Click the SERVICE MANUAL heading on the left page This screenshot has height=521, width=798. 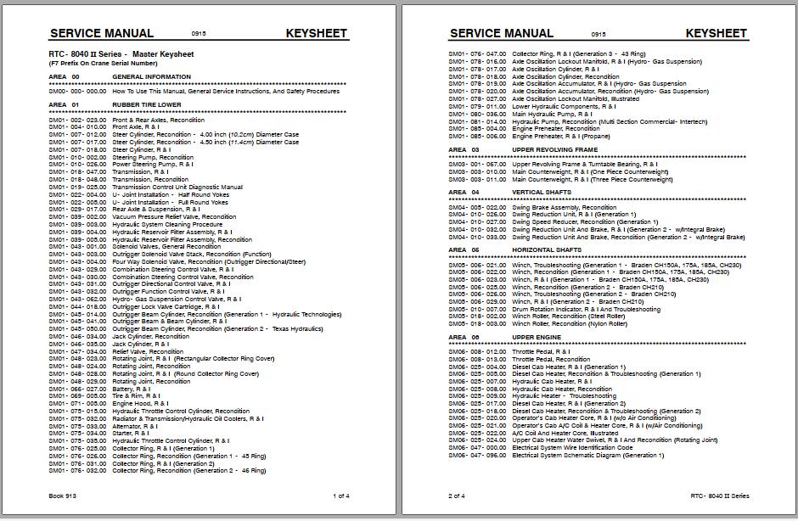coord(101,33)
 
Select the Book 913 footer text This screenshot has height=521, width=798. coord(64,496)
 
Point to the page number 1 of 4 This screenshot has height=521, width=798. coord(341,496)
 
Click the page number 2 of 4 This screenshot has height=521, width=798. coord(457,496)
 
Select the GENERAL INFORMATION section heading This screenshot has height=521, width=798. coord(151,76)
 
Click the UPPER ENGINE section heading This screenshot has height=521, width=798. coord(536,337)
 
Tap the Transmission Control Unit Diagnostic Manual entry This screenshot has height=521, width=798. coord(177,187)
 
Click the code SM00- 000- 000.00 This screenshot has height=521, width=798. coord(78,90)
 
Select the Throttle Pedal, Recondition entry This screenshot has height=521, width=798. coord(551,359)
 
